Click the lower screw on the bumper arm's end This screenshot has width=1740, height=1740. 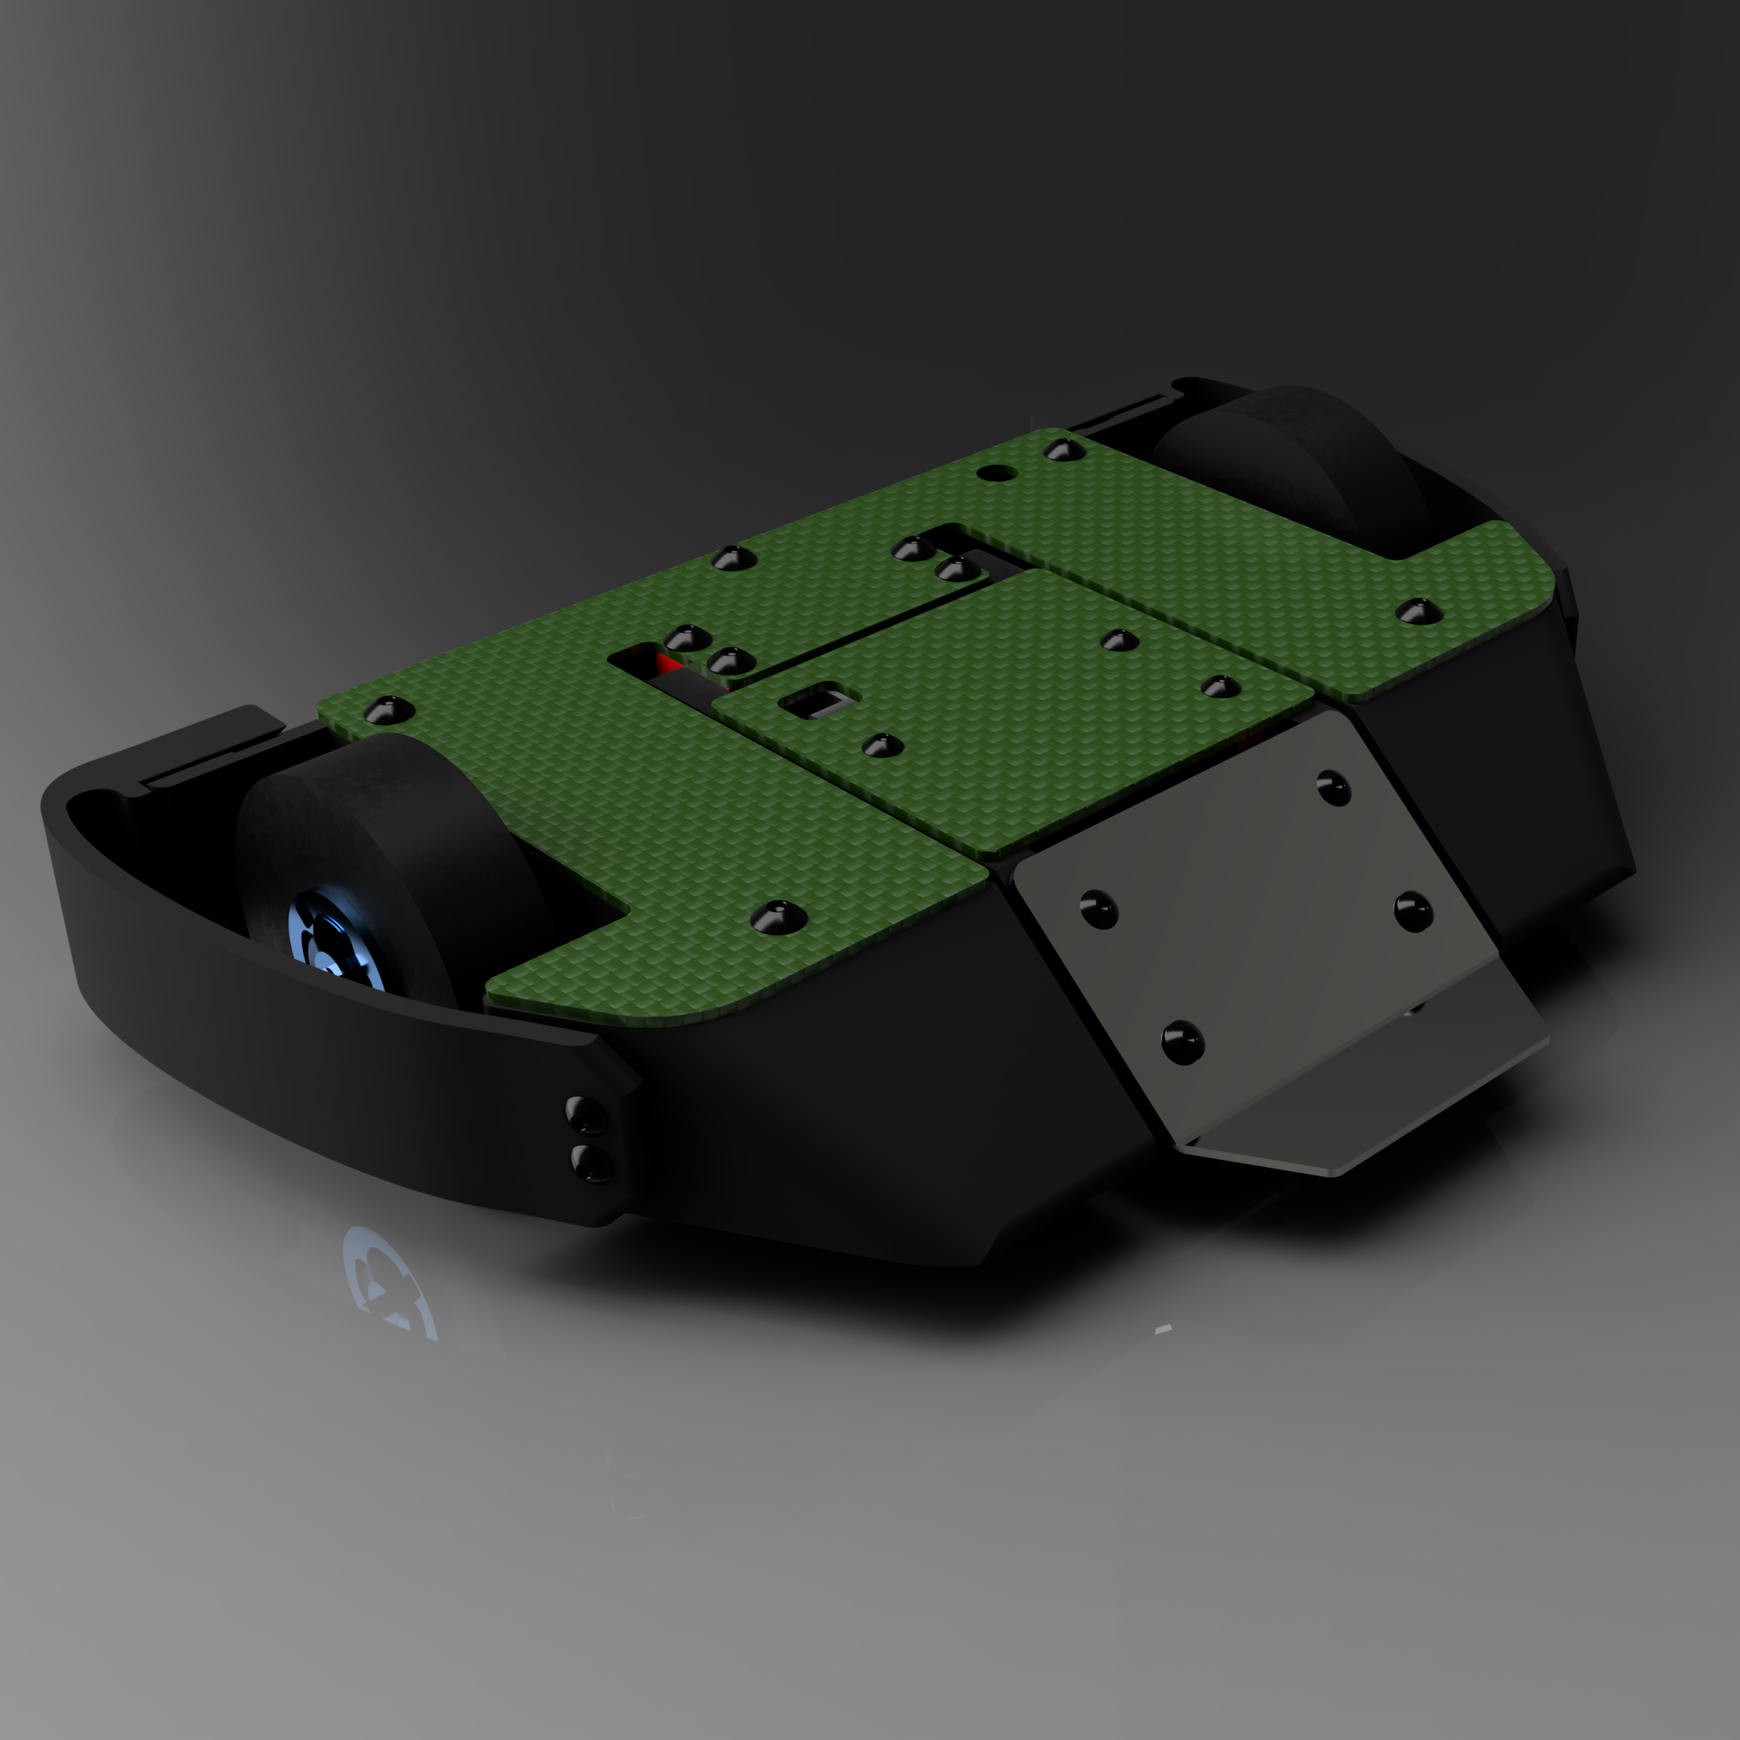(592, 1162)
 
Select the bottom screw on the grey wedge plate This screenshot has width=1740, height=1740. (1183, 1042)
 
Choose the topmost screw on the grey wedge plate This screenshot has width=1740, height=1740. (1333, 786)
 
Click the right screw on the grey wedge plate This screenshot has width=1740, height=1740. (1412, 911)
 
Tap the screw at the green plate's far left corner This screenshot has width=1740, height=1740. (388, 711)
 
